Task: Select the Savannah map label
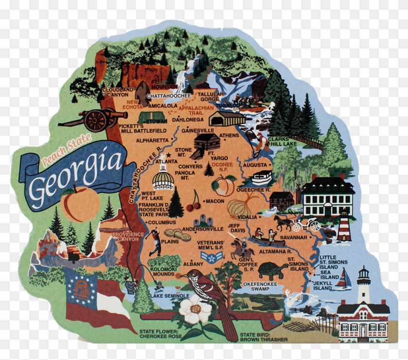(293, 238)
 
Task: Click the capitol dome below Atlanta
(163, 179)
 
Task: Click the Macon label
(215, 201)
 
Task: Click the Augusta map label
(255, 165)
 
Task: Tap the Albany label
(193, 263)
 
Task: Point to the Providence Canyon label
(128, 237)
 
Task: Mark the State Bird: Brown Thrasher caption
(264, 337)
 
